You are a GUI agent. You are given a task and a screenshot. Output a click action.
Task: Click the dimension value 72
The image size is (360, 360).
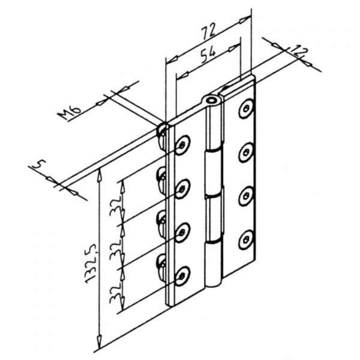[209, 31]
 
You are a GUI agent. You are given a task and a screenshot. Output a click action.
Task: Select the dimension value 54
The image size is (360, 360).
[208, 55]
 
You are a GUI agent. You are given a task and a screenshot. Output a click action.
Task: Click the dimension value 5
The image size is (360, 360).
[40, 164]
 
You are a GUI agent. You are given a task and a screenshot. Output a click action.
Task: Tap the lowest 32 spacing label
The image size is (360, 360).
[116, 292]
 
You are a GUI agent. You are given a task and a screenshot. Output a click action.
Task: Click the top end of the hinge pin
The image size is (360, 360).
[211, 100]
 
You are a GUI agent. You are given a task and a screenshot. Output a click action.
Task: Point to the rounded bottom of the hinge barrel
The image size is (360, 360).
[212, 284]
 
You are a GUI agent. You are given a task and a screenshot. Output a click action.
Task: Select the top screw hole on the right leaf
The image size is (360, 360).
[245, 108]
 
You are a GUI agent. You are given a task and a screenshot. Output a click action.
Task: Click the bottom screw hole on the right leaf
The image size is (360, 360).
[245, 239]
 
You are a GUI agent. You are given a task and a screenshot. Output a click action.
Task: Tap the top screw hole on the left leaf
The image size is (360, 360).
[182, 145]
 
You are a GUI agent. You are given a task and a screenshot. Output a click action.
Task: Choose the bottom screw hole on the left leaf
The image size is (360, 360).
[182, 276]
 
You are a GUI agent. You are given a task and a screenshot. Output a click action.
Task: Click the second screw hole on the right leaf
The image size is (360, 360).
[245, 152]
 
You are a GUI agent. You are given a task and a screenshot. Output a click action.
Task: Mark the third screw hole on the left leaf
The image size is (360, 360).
[182, 233]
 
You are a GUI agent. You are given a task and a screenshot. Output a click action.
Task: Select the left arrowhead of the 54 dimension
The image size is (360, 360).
[183, 75]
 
